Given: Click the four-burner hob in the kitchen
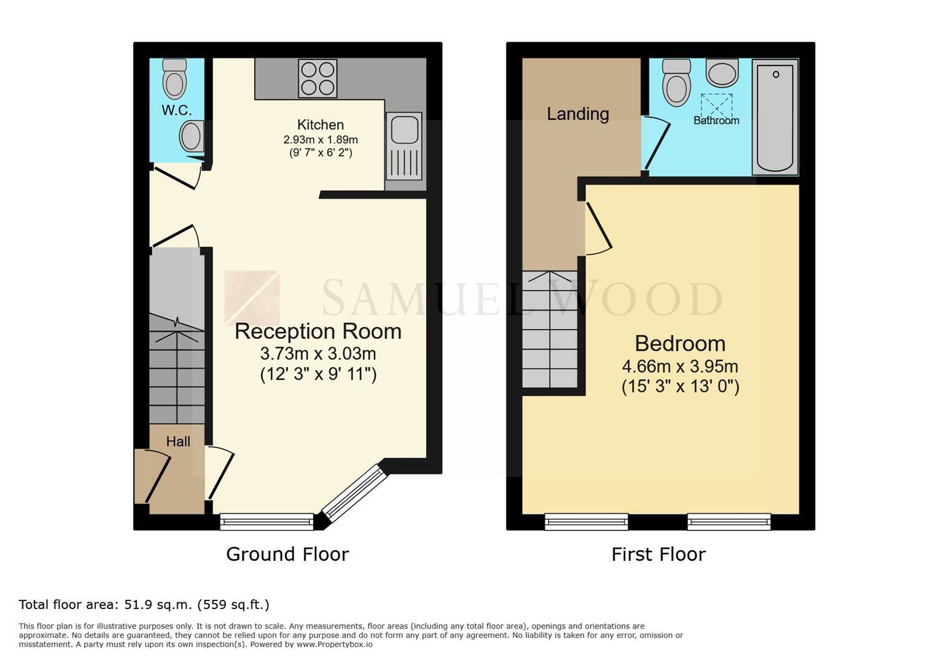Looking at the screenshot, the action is (x=318, y=79).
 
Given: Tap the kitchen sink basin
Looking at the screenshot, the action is (x=405, y=128).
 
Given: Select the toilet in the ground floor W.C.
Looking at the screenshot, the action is (x=174, y=79).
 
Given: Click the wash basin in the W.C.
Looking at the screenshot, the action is (x=192, y=136).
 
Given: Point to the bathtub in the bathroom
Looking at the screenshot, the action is (x=775, y=117).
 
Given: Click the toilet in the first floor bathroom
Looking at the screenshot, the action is (x=676, y=83).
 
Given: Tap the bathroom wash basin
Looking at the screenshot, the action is (x=722, y=73).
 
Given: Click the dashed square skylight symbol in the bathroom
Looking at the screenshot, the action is (x=717, y=106).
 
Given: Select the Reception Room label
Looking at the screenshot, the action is (x=318, y=331).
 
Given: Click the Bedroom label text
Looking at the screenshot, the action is (x=680, y=343).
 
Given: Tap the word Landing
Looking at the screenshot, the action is (x=578, y=114).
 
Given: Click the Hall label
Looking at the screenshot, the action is (x=178, y=441).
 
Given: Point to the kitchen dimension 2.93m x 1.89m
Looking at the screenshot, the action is (x=321, y=139).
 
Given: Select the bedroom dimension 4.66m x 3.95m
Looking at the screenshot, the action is (x=680, y=366).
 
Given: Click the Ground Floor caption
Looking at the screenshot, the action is (x=287, y=554).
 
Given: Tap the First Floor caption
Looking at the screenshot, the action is (x=659, y=554).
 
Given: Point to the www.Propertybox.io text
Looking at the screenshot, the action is (x=335, y=645).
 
